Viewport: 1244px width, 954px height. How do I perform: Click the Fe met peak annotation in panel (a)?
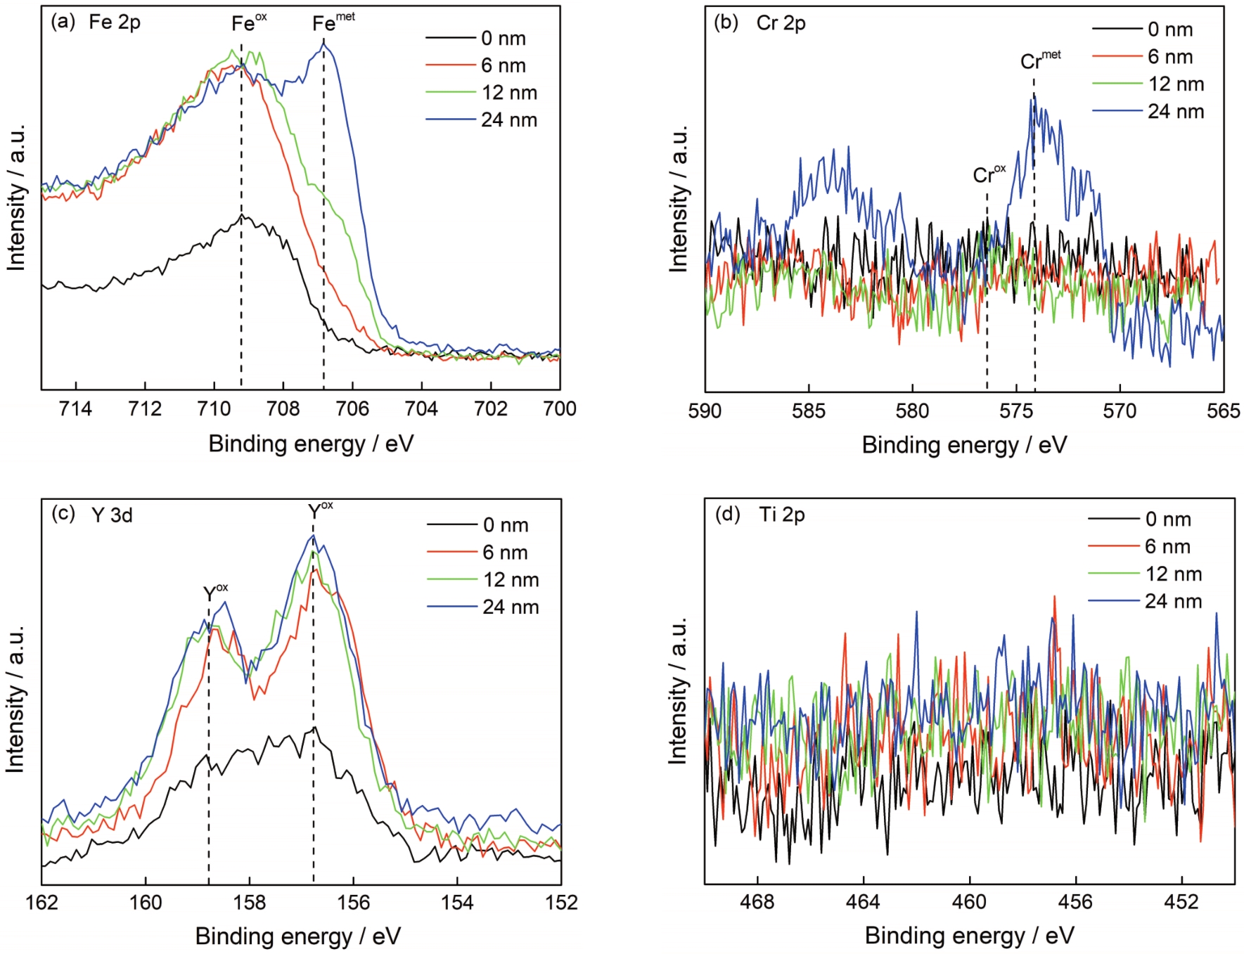click(x=333, y=22)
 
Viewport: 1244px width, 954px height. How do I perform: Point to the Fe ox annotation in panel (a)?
click(x=248, y=22)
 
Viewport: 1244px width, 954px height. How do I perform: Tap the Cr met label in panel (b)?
click(x=1039, y=60)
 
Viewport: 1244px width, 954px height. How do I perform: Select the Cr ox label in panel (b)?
click(x=988, y=174)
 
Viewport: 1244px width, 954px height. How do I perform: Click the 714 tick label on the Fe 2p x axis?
click(x=75, y=409)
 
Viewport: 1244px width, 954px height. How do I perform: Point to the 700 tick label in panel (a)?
click(x=560, y=409)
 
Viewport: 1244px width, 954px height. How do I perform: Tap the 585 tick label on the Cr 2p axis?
click(x=808, y=411)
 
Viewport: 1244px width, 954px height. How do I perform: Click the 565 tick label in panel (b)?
click(x=1224, y=411)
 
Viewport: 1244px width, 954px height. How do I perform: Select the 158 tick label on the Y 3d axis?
click(x=249, y=903)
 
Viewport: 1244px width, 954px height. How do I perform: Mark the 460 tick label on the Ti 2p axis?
click(x=969, y=902)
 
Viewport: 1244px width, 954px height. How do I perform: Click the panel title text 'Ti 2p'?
click(x=782, y=515)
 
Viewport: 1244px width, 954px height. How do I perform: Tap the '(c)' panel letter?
click(x=63, y=513)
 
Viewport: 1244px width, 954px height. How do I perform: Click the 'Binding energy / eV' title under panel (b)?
click(x=964, y=445)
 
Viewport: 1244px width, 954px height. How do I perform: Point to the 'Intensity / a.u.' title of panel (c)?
click(x=15, y=699)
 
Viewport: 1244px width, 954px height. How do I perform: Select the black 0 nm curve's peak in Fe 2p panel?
click(x=241, y=216)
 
